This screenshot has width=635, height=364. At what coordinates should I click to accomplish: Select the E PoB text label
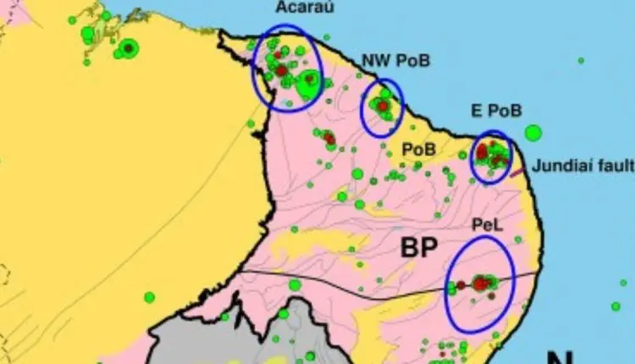495,111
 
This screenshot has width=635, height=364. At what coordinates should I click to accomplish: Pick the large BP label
418,248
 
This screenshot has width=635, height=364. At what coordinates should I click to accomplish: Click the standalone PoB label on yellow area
418,149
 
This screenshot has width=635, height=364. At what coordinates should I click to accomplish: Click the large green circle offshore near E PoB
533,133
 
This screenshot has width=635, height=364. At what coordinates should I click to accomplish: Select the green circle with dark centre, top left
128,48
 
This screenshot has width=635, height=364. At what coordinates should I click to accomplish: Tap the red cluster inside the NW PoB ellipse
383,106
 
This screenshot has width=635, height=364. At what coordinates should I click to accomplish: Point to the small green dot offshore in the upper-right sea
581,60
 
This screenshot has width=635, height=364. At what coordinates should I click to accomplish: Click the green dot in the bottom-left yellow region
150,297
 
